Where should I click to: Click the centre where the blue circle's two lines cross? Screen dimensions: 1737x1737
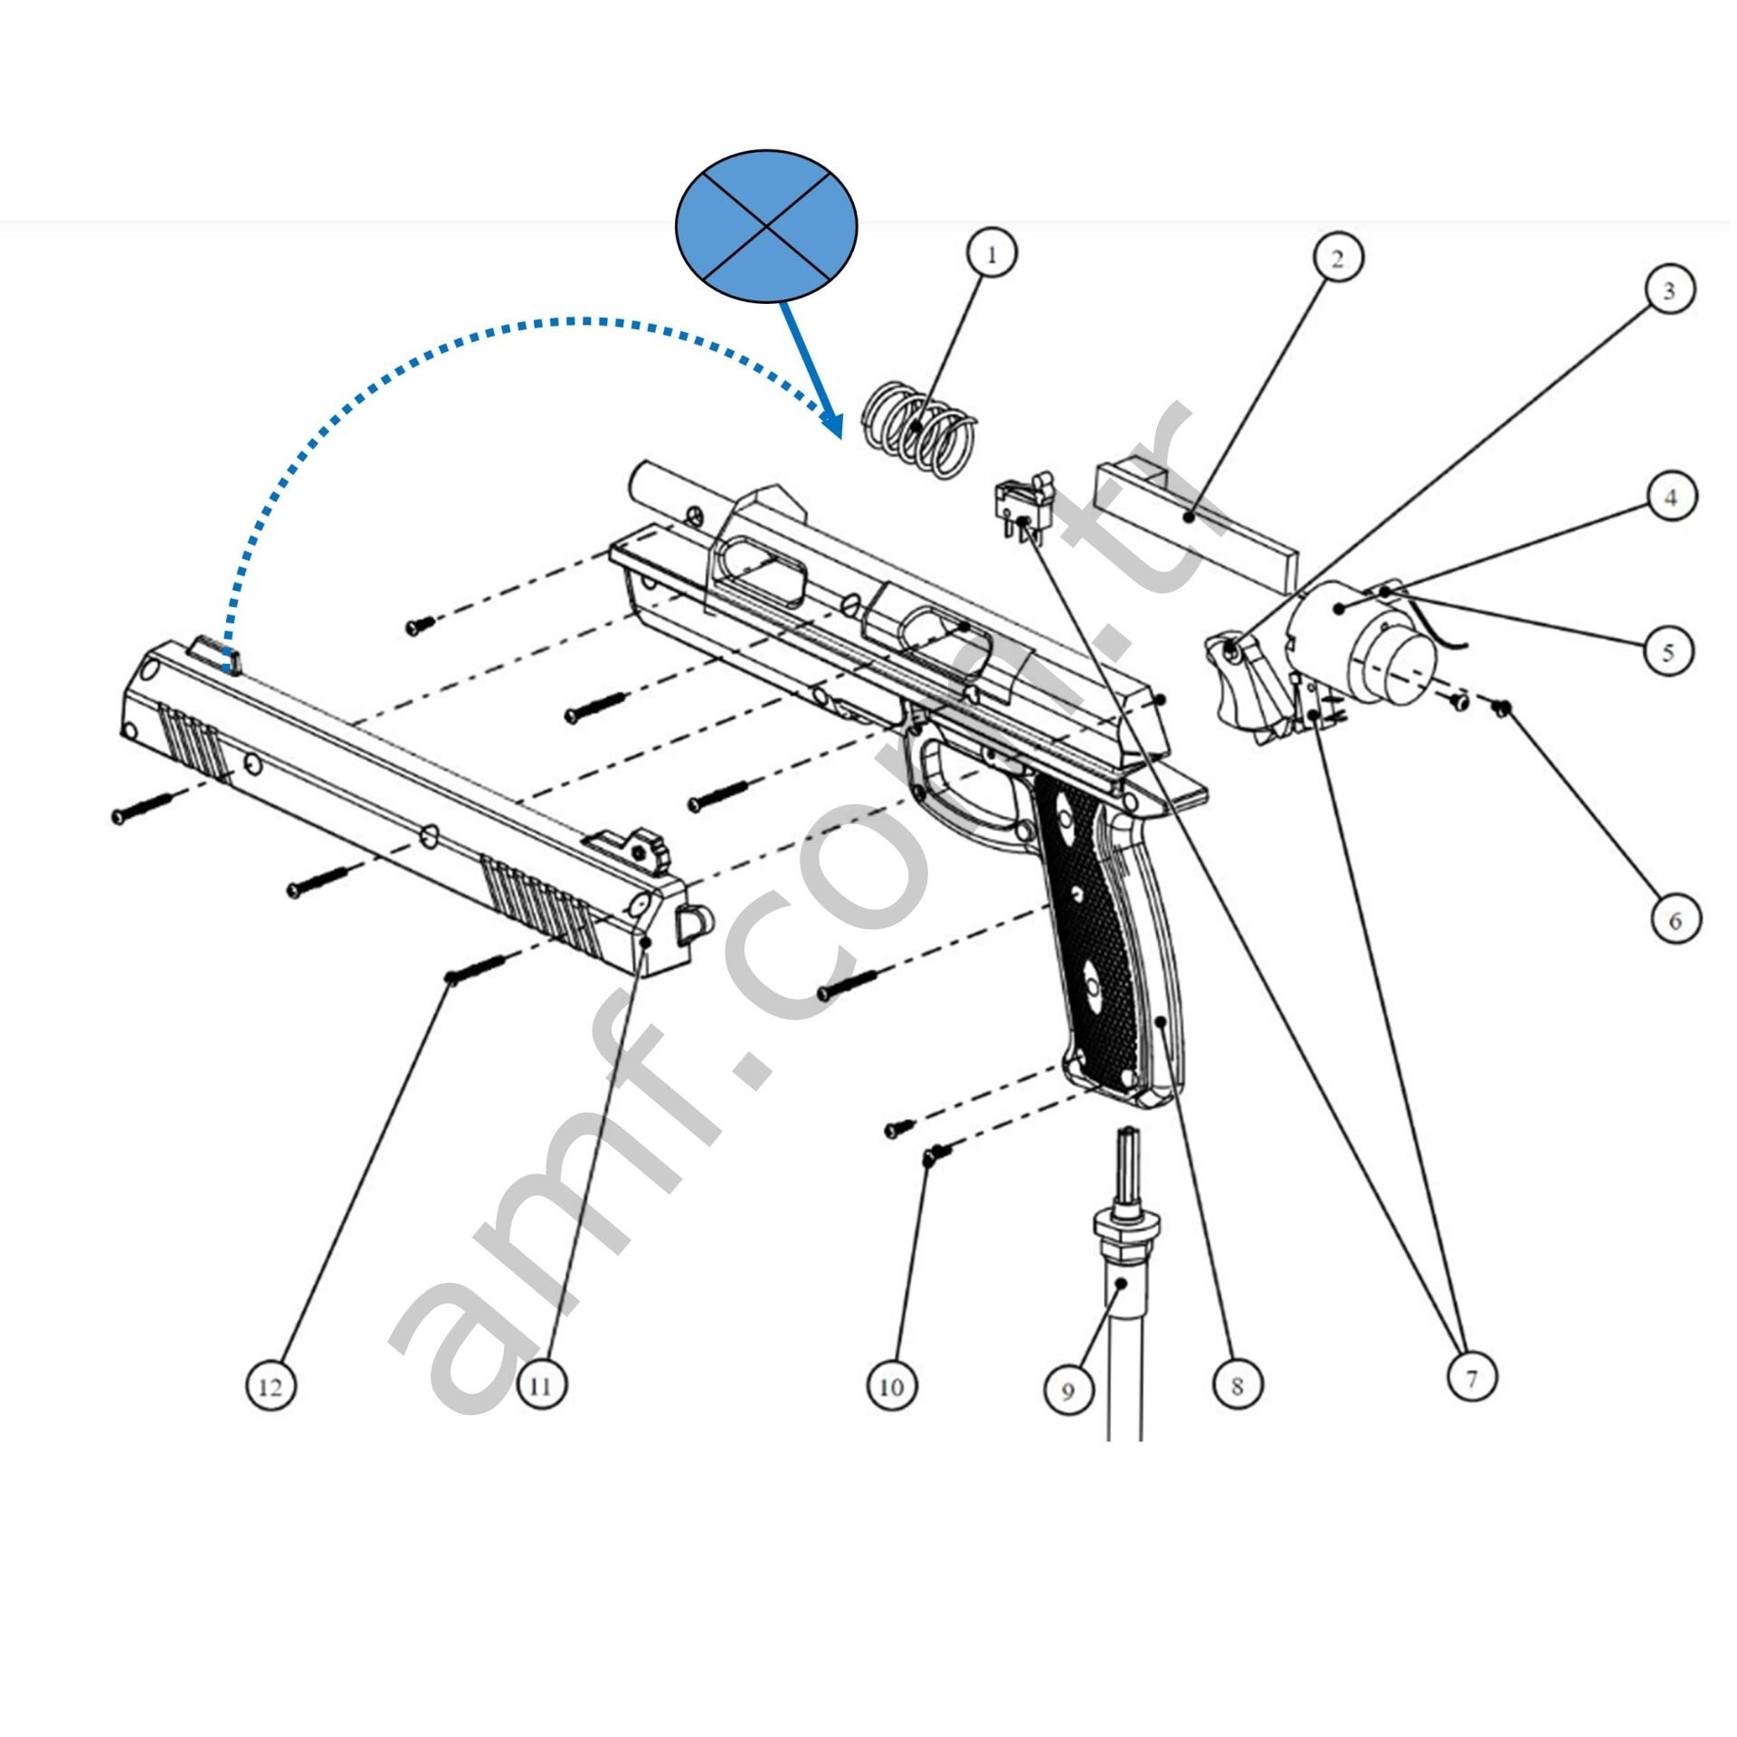click(x=767, y=225)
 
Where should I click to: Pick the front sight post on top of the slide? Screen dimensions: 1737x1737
click(x=216, y=653)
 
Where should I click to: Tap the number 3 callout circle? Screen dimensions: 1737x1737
click(x=1669, y=290)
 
